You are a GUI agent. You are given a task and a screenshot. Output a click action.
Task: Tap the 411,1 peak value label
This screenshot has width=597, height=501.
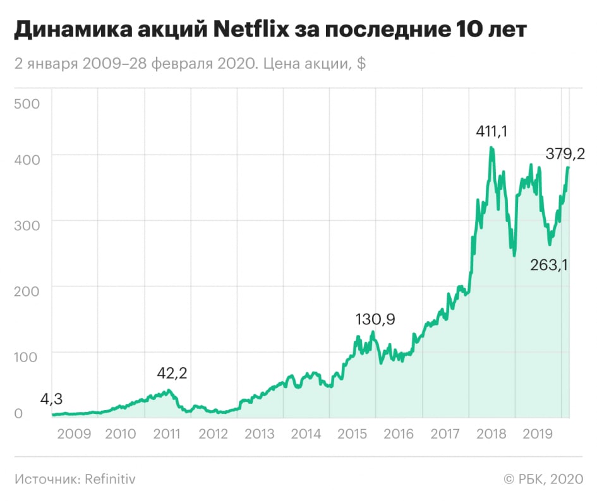[491, 131]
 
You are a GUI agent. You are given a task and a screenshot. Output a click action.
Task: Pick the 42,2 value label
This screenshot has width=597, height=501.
[172, 372]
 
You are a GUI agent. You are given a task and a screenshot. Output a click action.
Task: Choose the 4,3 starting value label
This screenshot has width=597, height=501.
[51, 399]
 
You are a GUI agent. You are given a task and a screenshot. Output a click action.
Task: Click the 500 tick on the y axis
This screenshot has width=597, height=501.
[27, 103]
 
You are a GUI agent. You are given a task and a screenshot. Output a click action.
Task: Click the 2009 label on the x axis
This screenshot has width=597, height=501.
[74, 434]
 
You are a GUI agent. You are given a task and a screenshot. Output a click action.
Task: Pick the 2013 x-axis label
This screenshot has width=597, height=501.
[259, 434]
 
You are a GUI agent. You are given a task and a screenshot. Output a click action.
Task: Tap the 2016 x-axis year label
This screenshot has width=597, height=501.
[398, 434]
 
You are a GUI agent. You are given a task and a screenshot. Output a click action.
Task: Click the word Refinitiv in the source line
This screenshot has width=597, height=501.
[109, 479]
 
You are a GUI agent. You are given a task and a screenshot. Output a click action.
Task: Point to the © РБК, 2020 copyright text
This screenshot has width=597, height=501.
[544, 479]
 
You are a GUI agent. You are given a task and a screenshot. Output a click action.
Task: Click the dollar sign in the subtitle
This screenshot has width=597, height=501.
[361, 64]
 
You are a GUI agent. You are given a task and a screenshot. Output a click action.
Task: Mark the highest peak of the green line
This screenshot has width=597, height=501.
[491, 148]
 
